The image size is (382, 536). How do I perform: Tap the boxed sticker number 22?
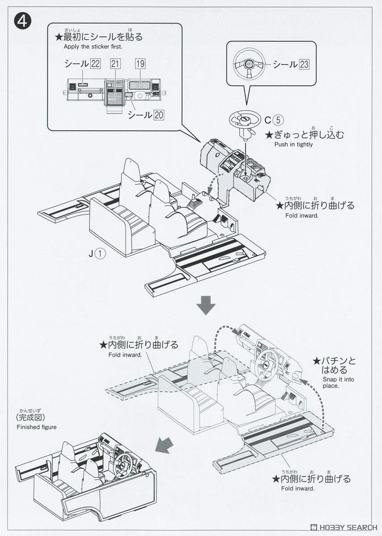[x=95, y=63]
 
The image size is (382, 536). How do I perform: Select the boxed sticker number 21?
[x=115, y=63]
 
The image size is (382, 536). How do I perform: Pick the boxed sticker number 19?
[x=140, y=63]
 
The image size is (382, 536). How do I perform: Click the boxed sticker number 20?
[x=159, y=115]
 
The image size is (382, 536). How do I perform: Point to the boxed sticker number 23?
[x=303, y=64]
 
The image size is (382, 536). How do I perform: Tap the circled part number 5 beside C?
[x=277, y=120]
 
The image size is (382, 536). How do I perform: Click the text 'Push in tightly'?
[x=294, y=145]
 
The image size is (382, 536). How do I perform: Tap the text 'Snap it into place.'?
[x=338, y=382]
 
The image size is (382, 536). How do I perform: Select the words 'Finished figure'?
[x=37, y=427]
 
